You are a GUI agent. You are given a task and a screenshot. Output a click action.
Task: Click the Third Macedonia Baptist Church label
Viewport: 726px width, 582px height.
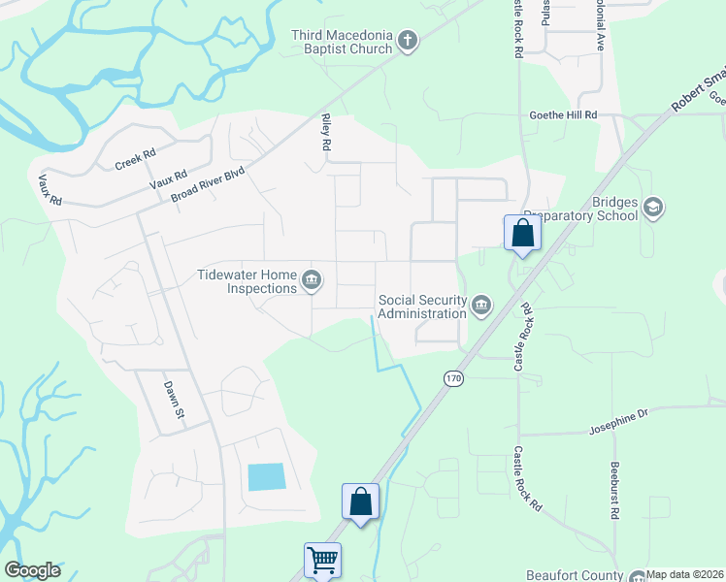(x=342, y=42)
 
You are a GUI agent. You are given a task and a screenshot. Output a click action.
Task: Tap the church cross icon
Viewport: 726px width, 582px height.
(x=408, y=42)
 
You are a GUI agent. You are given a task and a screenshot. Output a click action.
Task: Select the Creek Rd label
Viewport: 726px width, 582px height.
(x=135, y=157)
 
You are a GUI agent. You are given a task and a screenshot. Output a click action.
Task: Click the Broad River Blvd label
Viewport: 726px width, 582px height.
(x=208, y=183)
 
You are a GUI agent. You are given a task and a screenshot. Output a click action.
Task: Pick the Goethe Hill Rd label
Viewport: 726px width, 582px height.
(x=562, y=114)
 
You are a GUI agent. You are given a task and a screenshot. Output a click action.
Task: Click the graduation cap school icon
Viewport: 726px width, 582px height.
(x=653, y=209)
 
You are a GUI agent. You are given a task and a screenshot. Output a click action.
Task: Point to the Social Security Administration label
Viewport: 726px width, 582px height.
(x=422, y=307)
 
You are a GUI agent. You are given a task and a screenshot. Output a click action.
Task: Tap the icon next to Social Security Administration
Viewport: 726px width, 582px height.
(x=480, y=307)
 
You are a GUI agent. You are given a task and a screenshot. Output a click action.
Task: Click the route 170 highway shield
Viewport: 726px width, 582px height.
(x=453, y=377)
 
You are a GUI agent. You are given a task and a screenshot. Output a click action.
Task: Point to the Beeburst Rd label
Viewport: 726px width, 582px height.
(x=614, y=490)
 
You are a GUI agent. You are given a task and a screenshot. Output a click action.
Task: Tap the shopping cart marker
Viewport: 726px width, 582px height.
(x=322, y=559)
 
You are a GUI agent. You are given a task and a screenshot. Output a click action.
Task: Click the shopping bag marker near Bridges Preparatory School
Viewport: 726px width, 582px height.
(x=522, y=233)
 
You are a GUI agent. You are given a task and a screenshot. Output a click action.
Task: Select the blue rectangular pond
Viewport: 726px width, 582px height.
(x=267, y=476)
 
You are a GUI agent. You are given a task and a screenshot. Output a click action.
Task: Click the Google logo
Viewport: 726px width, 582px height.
(x=32, y=570)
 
